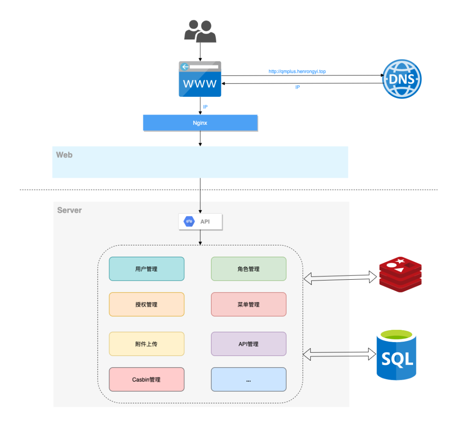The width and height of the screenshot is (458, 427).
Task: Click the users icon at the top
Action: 200,31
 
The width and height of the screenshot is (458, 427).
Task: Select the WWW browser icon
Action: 200,79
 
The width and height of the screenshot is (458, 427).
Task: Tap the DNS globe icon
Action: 402,79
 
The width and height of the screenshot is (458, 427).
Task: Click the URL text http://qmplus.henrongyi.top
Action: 297,71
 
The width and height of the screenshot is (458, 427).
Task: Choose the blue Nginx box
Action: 200,123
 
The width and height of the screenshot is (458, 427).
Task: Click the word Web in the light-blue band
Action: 64,155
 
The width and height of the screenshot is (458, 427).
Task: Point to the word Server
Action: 70,210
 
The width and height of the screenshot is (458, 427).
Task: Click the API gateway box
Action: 200,222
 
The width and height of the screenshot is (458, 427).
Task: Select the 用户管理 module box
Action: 147,269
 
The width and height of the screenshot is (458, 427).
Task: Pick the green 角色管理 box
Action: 249,269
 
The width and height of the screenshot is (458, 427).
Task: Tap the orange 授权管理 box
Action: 147,304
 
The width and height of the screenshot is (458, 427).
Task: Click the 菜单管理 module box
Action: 249,304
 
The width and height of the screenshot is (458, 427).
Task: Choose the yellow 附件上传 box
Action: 147,344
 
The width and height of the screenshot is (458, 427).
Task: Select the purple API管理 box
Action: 249,344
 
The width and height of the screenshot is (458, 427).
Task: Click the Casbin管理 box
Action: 147,379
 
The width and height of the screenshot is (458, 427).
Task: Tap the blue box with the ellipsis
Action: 249,379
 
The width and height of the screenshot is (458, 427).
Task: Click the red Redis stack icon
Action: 400,275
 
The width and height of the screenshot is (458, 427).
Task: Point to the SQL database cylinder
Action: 397,355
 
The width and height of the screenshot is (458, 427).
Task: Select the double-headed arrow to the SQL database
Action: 339,354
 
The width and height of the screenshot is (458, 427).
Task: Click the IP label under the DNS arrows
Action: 297,87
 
